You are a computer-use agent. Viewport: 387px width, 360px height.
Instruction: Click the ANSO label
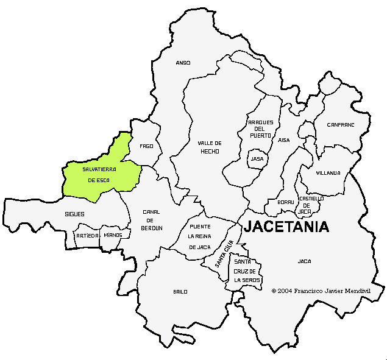183,63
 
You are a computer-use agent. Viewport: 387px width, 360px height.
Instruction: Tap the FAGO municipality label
146,146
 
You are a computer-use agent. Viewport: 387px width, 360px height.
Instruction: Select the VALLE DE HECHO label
209,147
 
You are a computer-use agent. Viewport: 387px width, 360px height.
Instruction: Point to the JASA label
257,159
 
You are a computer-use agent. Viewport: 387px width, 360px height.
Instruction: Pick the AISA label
284,140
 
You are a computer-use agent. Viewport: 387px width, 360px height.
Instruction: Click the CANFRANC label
340,125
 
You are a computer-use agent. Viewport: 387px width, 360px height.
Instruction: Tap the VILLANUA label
328,173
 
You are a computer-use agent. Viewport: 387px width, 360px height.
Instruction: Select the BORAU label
286,202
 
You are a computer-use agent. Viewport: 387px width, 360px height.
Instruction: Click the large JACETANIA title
286,227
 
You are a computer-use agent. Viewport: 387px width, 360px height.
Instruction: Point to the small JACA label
304,261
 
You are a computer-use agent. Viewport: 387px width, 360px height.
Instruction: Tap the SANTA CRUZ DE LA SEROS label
247,270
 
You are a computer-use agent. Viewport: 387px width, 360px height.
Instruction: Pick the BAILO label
180,292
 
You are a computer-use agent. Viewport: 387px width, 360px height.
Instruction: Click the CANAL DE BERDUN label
152,220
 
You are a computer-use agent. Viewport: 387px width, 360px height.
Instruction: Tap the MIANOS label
113,235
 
